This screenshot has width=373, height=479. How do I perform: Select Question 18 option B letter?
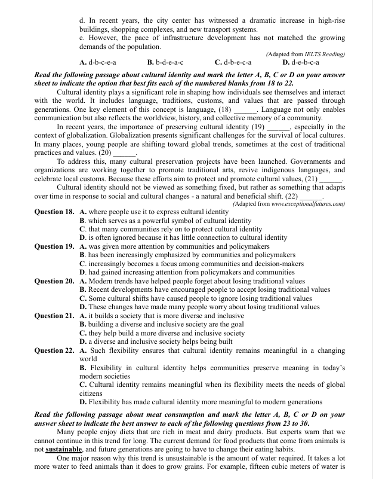click(x=82, y=221)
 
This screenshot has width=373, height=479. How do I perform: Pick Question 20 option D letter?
click(x=82, y=307)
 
